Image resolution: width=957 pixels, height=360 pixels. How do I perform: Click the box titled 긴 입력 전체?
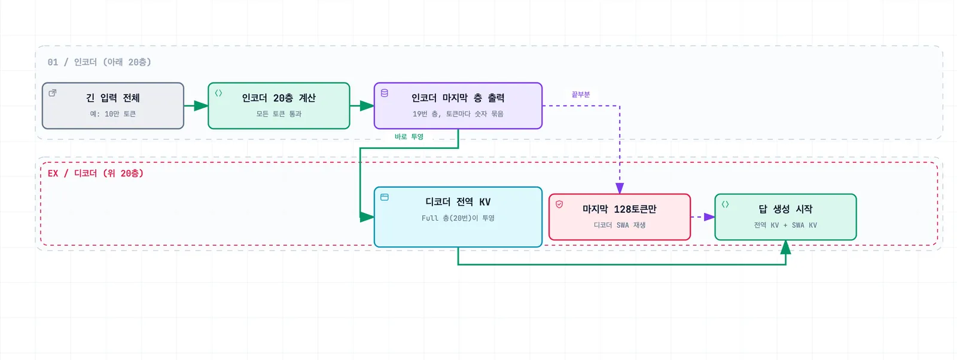(x=113, y=105)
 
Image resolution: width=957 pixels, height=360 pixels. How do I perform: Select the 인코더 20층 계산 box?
(x=279, y=105)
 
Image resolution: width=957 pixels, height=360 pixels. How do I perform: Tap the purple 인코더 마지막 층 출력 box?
(x=458, y=105)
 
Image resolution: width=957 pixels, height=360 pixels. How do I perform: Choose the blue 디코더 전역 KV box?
(x=458, y=217)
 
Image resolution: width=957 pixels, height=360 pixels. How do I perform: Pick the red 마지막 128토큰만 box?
(x=620, y=217)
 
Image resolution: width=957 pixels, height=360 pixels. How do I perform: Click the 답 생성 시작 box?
(x=785, y=217)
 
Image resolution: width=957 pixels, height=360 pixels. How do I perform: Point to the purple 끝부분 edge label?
(x=581, y=94)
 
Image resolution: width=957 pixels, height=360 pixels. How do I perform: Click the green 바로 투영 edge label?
(x=409, y=137)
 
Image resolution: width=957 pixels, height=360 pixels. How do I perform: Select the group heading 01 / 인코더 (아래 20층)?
(x=99, y=62)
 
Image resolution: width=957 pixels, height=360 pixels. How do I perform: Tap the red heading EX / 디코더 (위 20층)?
(x=96, y=173)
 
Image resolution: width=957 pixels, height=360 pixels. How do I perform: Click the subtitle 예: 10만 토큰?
(x=113, y=114)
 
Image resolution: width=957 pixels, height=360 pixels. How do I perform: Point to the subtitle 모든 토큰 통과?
(x=279, y=114)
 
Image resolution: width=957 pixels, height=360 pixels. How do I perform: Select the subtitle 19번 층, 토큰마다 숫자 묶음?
(x=458, y=114)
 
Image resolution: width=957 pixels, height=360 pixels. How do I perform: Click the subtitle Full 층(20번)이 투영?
(x=458, y=218)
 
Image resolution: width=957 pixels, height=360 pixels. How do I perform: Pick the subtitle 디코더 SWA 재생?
(x=620, y=225)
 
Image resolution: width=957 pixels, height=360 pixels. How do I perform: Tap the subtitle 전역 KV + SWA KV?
(x=785, y=225)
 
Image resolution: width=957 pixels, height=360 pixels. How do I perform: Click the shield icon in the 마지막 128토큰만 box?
(x=559, y=205)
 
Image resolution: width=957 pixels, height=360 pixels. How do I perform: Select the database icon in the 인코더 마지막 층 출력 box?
(x=385, y=93)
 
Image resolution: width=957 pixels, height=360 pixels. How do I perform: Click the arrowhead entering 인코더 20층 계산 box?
(x=201, y=105)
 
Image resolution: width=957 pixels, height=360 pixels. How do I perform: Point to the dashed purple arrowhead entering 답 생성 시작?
(x=709, y=217)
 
